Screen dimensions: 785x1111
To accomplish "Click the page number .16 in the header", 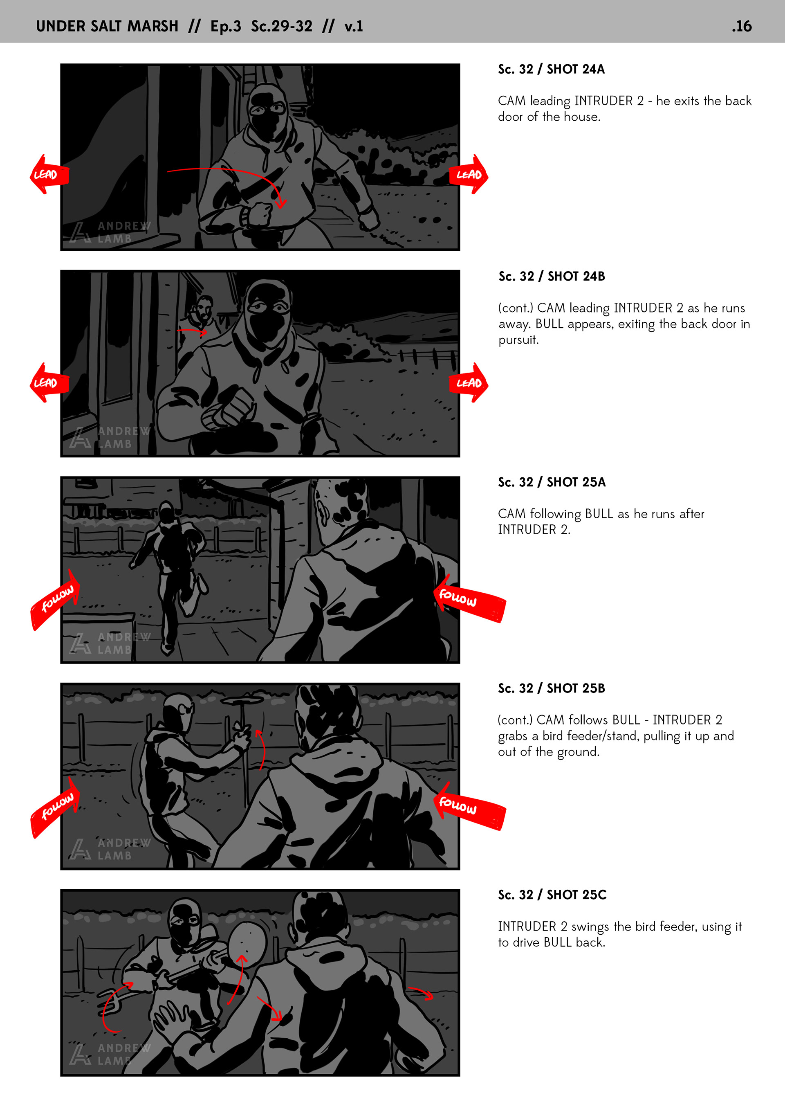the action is click(x=742, y=26).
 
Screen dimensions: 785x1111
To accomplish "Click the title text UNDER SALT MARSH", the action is click(x=108, y=26).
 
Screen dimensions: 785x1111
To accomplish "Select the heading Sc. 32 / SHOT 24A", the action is click(x=552, y=69).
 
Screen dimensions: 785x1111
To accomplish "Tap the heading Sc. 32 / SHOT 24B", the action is click(x=552, y=276).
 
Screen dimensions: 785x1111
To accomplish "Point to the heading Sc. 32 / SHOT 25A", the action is click(x=552, y=482).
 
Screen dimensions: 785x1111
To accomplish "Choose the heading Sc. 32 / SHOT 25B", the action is click(x=552, y=688).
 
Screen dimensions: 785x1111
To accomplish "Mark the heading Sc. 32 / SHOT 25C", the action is click(x=552, y=895).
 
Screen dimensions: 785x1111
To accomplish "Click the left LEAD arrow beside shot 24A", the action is click(x=49, y=174).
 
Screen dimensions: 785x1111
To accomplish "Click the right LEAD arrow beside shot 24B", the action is click(x=469, y=383).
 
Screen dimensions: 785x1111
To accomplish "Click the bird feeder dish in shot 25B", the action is click(x=242, y=700).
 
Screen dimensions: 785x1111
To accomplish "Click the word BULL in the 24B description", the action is click(x=549, y=324).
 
